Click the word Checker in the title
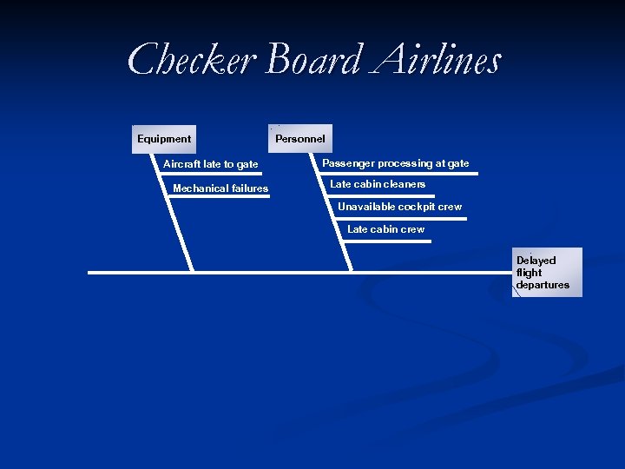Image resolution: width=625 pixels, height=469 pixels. tap(191, 61)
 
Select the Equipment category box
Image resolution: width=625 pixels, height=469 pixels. tap(165, 139)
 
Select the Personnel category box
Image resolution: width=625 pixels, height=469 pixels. tap(300, 139)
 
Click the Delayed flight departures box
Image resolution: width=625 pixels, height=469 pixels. tap(547, 273)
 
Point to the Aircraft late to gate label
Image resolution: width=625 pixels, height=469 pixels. tap(211, 164)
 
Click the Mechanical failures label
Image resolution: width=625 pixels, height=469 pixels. tap(220, 188)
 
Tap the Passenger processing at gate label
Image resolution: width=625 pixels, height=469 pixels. tap(395, 163)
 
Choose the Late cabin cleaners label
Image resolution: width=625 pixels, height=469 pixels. tap(378, 184)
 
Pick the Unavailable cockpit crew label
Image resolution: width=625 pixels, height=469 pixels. tap(399, 207)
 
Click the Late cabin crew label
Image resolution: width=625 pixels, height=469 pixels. tap(385, 229)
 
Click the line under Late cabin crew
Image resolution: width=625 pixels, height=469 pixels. tap(387, 241)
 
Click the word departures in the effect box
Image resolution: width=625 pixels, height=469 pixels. tap(543, 285)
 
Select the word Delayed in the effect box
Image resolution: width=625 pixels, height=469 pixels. tap(536, 261)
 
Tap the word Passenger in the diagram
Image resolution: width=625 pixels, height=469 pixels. tap(348, 163)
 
